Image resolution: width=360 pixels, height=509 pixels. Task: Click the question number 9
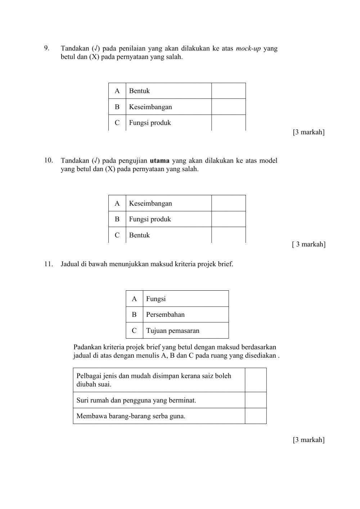(46, 48)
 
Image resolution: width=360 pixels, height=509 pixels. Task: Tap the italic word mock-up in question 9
(248, 48)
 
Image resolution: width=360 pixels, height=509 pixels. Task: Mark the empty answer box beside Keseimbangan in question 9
(228, 107)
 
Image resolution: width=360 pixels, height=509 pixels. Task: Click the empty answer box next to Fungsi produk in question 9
(228, 123)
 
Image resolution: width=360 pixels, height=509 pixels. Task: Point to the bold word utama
(159, 161)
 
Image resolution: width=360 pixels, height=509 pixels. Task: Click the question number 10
(49, 160)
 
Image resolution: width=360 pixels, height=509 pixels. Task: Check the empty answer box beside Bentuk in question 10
(228, 235)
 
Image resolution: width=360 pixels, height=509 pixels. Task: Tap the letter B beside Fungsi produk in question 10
(117, 219)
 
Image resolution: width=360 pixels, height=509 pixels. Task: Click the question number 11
(49, 264)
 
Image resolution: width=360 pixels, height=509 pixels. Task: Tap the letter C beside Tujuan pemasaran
(134, 330)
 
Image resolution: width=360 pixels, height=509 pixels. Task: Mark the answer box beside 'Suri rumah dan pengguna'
(256, 400)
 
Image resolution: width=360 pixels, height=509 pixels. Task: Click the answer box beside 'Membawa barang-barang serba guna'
(256, 416)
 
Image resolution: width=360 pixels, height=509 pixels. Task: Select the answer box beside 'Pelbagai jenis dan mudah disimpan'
(256, 380)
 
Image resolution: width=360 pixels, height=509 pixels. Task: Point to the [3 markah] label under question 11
(309, 439)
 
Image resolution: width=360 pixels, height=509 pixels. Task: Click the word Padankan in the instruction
(87, 347)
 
